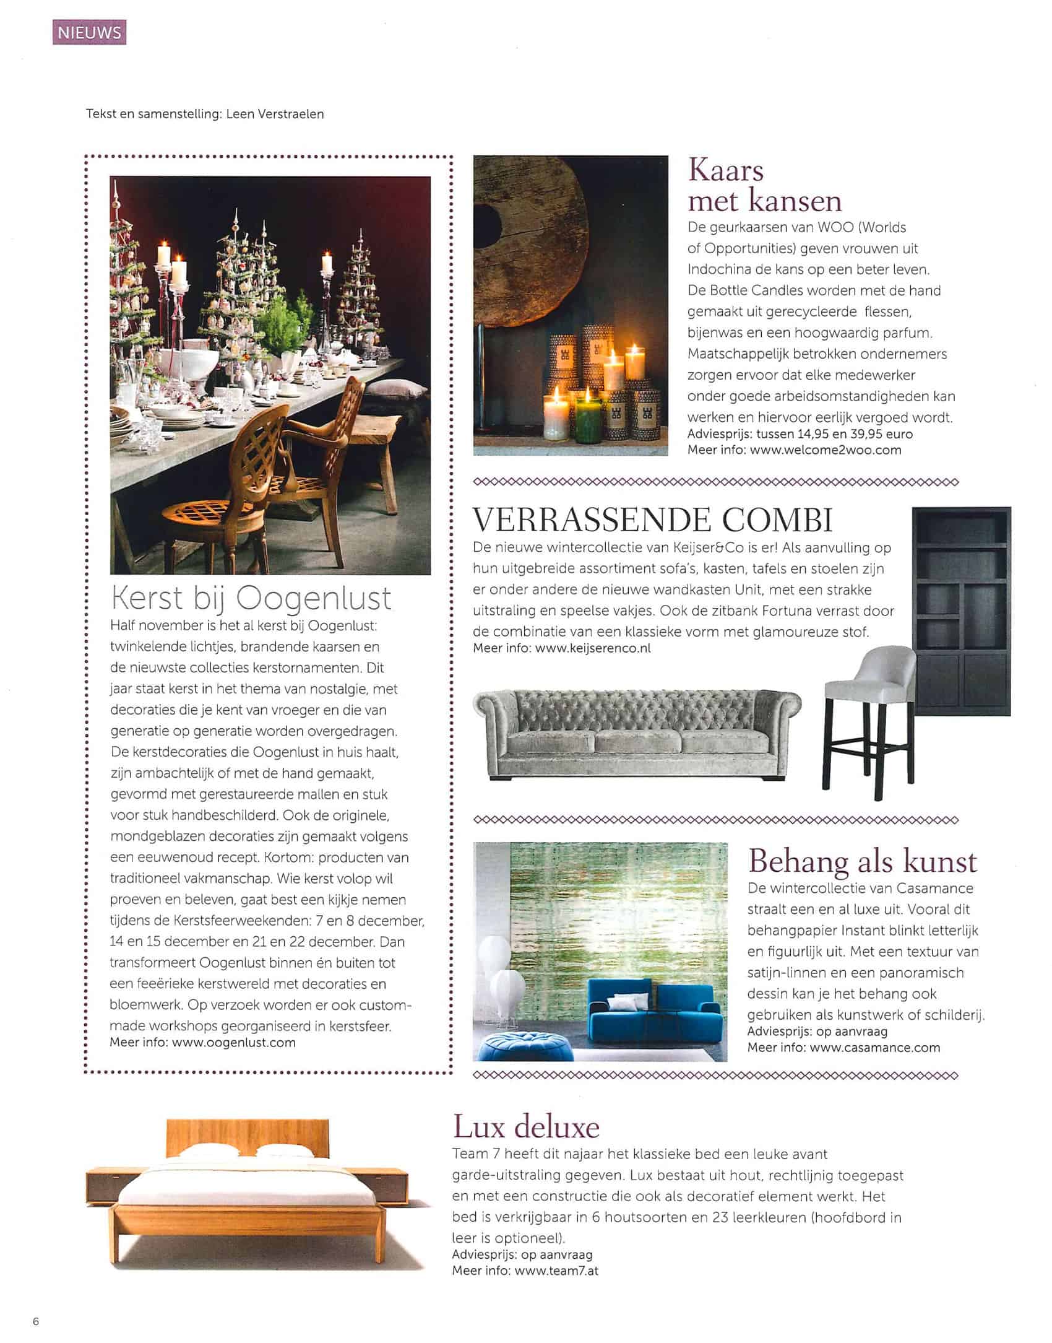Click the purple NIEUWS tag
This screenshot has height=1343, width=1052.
(x=89, y=32)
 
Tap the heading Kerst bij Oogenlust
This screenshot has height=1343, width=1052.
(x=251, y=598)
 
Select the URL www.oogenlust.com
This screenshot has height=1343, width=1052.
(x=233, y=1042)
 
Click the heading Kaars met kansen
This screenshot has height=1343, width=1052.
(x=764, y=186)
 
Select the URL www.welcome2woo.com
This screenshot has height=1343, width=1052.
(x=825, y=450)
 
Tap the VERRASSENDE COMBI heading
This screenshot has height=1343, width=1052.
(x=652, y=520)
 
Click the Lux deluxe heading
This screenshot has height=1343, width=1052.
(x=526, y=1127)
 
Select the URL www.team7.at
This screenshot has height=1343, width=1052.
(x=556, y=1271)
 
